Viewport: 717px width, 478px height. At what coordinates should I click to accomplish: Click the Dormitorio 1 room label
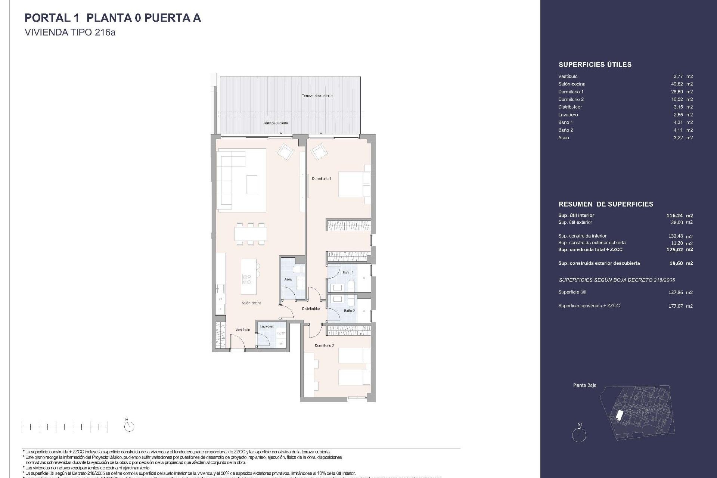coord(322,179)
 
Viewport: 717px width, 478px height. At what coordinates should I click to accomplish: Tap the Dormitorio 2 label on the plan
coord(324,345)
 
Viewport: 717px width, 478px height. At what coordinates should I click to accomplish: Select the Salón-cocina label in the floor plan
coord(251,303)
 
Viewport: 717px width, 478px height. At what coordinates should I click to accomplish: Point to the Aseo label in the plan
coord(288,279)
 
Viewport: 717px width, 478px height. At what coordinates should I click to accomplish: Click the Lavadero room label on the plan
coord(267,326)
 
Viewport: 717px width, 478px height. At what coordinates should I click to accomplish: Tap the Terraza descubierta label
coord(317,96)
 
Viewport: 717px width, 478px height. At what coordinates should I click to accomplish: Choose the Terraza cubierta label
coord(275,123)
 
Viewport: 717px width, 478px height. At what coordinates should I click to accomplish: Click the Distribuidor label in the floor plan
coord(311,309)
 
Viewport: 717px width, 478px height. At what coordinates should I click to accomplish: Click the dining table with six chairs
coord(251,234)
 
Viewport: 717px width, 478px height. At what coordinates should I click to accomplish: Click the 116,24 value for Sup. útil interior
coord(674,215)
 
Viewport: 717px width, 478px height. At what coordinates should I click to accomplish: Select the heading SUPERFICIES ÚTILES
coord(595,65)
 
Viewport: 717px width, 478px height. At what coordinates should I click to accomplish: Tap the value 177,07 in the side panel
coord(675,306)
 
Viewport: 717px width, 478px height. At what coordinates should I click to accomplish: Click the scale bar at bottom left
coord(65,426)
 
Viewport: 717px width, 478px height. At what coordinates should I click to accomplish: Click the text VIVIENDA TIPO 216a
coord(70,32)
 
